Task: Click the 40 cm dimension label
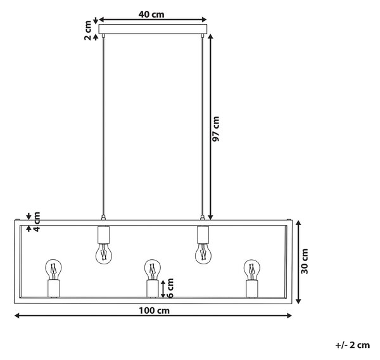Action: [x=151, y=15]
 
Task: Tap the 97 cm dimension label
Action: [x=215, y=129]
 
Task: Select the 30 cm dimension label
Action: [x=304, y=261]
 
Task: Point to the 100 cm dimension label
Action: [x=154, y=311]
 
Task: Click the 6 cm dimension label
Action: [x=170, y=288]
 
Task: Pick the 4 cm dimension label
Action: [x=36, y=222]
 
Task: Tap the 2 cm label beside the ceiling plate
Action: [x=87, y=30]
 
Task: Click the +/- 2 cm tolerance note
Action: [x=353, y=345]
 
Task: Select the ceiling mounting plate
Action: [x=153, y=29]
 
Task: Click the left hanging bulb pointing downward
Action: [x=104, y=254]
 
